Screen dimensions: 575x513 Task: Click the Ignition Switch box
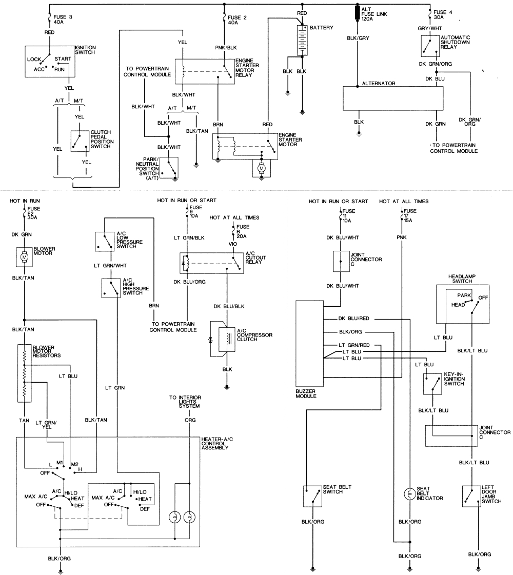50,61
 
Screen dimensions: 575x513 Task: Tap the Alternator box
392,97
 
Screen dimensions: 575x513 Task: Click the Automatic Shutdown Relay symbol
429,46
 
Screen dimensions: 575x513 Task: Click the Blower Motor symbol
24,256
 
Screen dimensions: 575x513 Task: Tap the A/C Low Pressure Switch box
104,241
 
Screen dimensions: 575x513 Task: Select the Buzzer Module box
309,343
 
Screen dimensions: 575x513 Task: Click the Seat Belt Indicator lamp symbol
409,493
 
